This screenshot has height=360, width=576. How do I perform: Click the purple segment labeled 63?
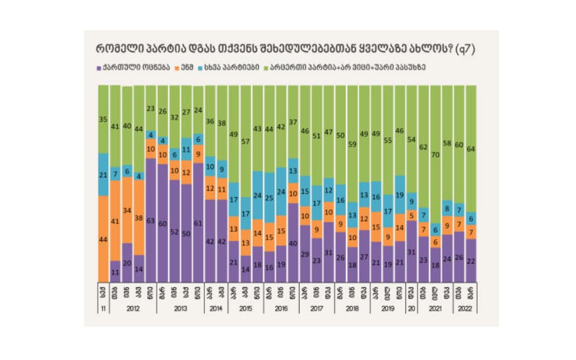coord(150,221)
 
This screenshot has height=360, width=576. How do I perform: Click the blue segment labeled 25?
coord(269,198)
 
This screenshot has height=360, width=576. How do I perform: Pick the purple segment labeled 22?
coord(471,260)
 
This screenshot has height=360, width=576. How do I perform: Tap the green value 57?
coord(246,141)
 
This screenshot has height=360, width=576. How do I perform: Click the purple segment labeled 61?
coord(198,223)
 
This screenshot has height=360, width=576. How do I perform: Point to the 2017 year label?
coord(317,309)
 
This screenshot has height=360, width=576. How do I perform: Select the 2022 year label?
coord(464,309)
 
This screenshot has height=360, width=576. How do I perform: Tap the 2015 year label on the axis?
coord(246,309)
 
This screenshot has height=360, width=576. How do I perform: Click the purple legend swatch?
coord(99,67)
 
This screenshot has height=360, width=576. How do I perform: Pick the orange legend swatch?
coord(178,67)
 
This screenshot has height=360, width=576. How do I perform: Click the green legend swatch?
coord(266,67)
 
